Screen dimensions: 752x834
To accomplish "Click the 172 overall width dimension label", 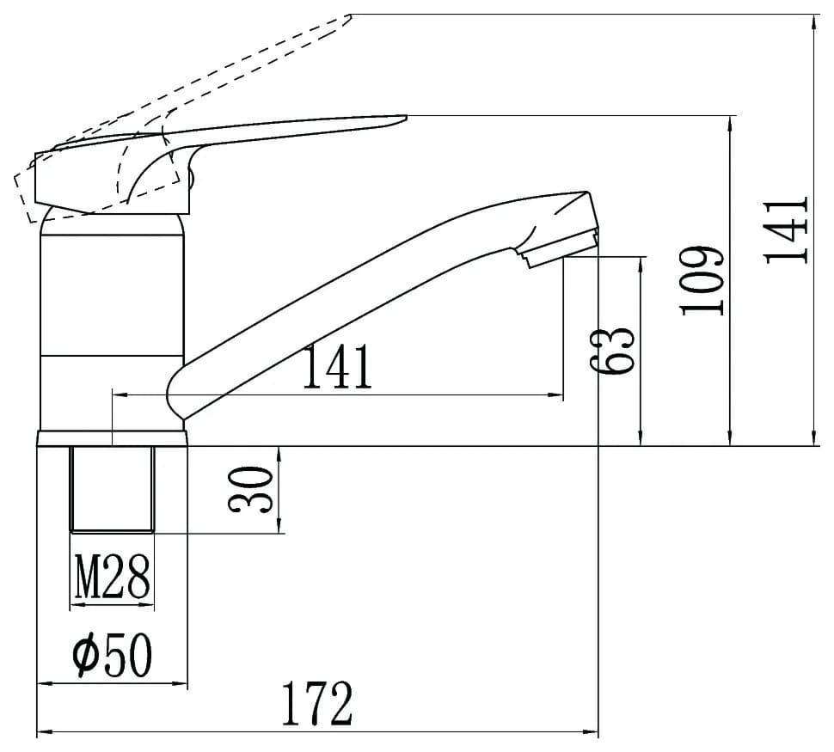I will click(318, 704).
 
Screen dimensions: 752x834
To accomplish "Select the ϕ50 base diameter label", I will click(113, 656).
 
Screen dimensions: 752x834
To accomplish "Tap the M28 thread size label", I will click(113, 577).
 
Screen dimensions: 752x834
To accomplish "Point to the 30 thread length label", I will click(251, 491).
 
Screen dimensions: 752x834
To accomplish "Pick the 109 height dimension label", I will click(702, 281).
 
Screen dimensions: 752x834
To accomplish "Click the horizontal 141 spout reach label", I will click(337, 368).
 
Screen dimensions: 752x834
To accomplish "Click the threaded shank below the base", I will click(113, 488).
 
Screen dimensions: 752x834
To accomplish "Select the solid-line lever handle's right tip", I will click(402, 119).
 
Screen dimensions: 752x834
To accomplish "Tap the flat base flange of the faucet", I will click(113, 438).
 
